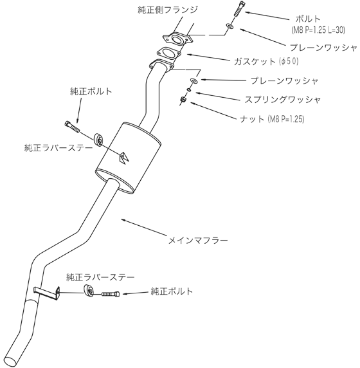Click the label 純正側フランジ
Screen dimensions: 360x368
coord(168,10)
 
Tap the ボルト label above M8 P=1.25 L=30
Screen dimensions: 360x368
coord(308,19)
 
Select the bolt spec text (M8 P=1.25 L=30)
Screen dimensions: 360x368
coord(318,30)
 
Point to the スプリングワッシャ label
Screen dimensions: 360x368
coord(283,100)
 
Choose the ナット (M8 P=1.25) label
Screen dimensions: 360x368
coord(272,119)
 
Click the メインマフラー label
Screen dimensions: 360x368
coord(198,241)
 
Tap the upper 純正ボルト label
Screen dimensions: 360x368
coord(91,91)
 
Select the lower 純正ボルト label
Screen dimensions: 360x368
coord(172,291)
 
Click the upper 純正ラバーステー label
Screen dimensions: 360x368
coord(59,148)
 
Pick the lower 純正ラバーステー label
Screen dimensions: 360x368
coord(100,277)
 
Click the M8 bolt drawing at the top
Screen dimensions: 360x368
coord(239,9)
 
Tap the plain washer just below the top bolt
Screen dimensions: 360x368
coord(229,26)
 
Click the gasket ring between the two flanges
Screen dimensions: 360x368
coord(168,53)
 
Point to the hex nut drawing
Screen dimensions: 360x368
coord(183,100)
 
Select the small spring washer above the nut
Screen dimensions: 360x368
coord(189,89)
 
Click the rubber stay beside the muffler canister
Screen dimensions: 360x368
coord(99,140)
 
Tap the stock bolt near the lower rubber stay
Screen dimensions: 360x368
coord(111,294)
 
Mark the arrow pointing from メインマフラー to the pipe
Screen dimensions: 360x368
coord(143,227)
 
